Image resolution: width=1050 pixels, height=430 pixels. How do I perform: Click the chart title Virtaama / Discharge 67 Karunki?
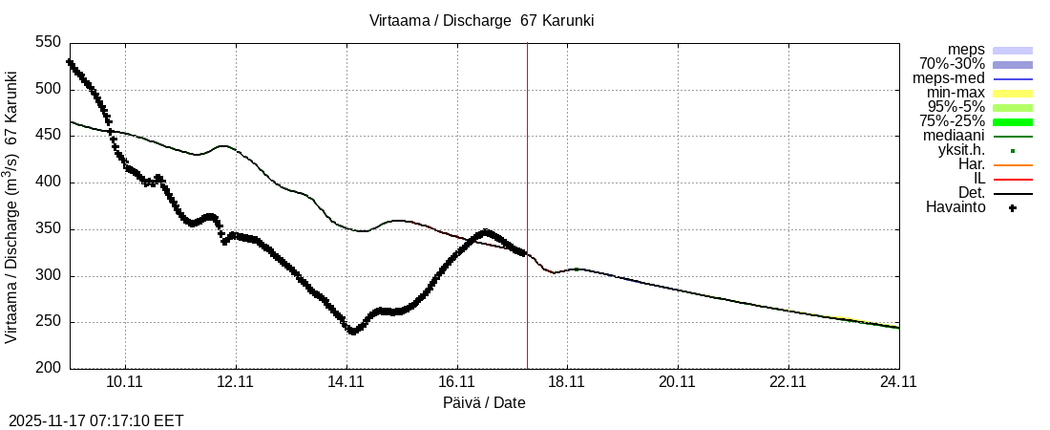482,20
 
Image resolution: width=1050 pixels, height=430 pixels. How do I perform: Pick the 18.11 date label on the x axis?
567,382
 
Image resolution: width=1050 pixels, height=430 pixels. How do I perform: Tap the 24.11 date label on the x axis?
898,382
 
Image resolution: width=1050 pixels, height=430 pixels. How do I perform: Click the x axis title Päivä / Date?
484,403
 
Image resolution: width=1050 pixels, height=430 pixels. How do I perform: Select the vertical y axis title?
11,205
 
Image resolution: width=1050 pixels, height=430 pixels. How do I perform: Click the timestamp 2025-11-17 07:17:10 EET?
96,420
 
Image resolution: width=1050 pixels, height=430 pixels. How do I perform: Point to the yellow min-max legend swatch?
1013,93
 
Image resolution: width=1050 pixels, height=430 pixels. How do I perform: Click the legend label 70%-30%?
952,64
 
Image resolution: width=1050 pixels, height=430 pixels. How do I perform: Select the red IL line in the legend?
1013,179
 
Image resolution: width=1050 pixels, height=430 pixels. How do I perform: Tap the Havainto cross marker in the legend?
1013,207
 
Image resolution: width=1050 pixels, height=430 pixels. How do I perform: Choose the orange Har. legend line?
1013,164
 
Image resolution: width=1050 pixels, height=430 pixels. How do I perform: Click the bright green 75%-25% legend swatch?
1013,121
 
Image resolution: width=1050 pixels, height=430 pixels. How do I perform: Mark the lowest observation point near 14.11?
353,332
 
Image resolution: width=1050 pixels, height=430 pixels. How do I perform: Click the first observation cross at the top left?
69,62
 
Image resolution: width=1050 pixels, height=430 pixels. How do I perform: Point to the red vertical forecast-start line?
527,191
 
